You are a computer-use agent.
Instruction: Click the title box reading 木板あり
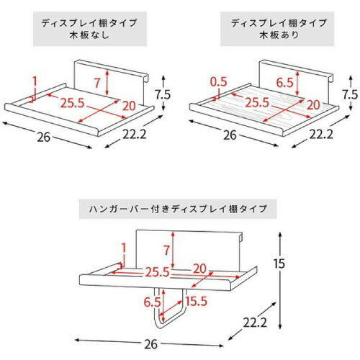click(271, 28)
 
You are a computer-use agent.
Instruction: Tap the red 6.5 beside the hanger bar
click(153, 301)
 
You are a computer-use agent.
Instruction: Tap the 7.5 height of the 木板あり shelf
click(350, 94)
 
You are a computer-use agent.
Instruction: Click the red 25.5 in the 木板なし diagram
click(69, 103)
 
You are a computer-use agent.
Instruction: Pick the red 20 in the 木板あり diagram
click(312, 105)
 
